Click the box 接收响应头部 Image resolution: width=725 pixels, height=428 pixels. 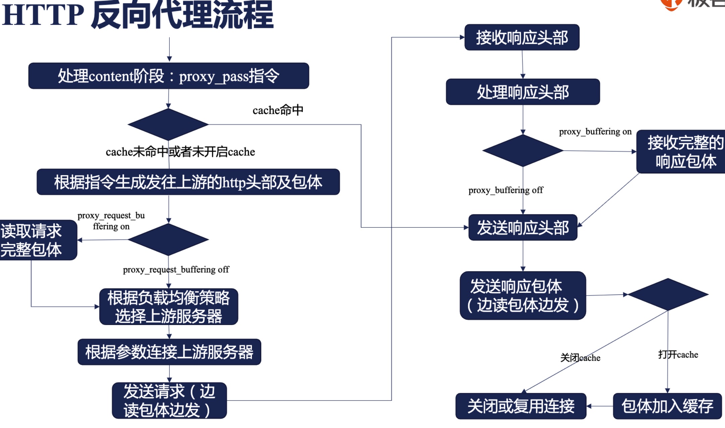click(522, 37)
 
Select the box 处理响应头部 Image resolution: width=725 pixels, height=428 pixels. click(522, 92)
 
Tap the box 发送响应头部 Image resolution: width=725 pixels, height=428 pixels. click(522, 227)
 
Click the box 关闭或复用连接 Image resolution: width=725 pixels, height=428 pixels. click(520, 406)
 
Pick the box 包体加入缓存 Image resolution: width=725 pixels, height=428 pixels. click(667, 406)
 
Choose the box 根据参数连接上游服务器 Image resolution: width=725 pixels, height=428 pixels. click(169, 352)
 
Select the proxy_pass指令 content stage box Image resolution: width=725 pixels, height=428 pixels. click(168, 76)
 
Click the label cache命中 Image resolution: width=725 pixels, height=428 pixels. click(278, 110)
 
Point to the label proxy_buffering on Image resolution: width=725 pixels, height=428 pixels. click(595, 131)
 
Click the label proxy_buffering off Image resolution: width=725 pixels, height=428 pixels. click(505, 190)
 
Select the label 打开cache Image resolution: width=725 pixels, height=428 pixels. click(678, 355)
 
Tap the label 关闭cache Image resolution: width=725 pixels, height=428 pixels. click(580, 358)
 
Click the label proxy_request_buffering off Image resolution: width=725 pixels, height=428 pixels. click(176, 270)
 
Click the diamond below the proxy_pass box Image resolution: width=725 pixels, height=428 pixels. click(168, 124)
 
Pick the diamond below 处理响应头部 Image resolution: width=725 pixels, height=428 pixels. click(522, 151)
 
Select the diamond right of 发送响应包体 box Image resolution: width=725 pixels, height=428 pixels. click(668, 294)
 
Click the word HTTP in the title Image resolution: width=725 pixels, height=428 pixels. click(43, 15)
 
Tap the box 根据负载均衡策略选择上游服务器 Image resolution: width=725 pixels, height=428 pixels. click(168, 307)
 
